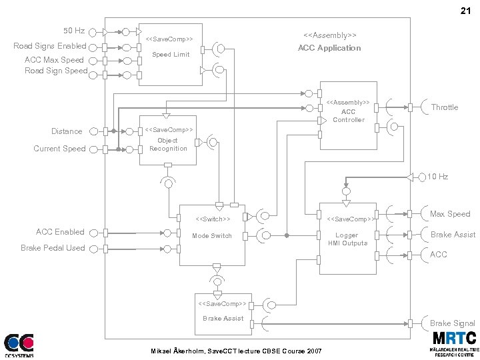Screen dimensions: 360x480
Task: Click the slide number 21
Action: click(465, 11)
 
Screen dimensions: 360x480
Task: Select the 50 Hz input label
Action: click(73, 31)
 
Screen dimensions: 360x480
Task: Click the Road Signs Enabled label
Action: click(50, 46)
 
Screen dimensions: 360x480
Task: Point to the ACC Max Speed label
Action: click(55, 60)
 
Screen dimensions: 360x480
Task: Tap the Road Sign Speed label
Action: click(56, 71)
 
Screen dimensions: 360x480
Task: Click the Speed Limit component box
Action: click(170, 55)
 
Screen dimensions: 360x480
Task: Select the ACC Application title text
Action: click(329, 48)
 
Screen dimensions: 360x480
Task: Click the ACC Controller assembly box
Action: click(348, 115)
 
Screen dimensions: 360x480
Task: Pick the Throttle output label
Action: click(444, 107)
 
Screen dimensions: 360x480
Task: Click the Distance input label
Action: click(67, 131)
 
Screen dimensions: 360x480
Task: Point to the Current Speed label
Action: click(59, 149)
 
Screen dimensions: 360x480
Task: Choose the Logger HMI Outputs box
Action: click(347, 239)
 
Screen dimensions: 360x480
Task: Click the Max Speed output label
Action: click(450, 214)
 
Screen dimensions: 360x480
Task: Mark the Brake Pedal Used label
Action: click(53, 248)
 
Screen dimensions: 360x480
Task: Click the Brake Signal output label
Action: click(453, 323)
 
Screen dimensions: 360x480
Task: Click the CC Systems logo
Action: click(19, 345)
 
